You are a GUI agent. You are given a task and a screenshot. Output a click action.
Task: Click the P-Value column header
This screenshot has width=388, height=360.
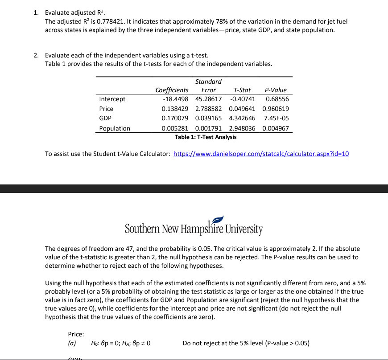click(x=276, y=90)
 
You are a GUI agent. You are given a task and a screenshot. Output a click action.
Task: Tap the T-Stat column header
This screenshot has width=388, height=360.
click(x=242, y=90)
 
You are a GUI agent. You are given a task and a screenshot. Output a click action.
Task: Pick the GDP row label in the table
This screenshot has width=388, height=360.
click(x=106, y=119)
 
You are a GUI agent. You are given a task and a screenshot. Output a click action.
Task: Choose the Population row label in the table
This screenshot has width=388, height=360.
click(x=115, y=128)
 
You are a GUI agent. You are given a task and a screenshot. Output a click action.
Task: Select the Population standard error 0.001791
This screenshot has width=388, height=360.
click(x=209, y=128)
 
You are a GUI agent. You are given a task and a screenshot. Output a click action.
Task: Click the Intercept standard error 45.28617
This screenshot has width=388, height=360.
click(x=209, y=99)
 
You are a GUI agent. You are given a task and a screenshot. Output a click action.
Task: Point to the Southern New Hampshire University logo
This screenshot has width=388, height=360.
click(x=194, y=227)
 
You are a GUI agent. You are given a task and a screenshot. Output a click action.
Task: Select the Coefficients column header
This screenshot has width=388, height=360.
click(x=172, y=90)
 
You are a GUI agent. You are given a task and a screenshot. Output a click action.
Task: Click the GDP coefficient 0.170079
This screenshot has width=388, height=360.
click(x=175, y=119)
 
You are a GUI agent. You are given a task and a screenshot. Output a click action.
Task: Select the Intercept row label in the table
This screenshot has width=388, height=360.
click(x=112, y=99)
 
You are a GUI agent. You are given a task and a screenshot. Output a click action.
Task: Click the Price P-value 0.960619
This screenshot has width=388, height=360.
click(x=276, y=109)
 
